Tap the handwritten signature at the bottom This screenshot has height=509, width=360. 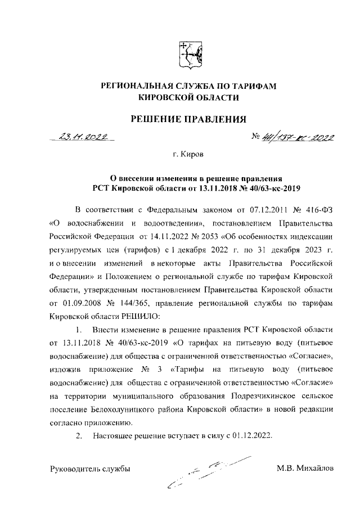point(208,471)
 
